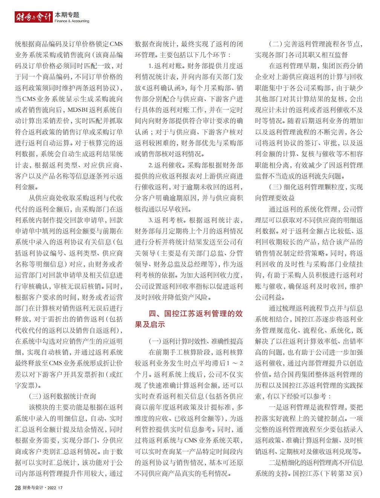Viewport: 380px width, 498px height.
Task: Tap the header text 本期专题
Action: (x=67, y=15)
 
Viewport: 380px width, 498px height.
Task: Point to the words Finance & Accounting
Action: (x=72, y=21)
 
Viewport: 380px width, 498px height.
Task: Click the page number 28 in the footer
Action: (x=18, y=488)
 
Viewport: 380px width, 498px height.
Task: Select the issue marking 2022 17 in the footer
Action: (x=55, y=488)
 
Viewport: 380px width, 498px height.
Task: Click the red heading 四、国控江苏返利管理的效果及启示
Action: (x=188, y=319)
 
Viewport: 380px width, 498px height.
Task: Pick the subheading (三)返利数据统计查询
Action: (x=62, y=396)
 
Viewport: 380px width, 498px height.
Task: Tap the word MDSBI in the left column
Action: (x=79, y=110)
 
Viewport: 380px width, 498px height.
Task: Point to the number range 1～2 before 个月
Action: (x=235, y=364)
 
